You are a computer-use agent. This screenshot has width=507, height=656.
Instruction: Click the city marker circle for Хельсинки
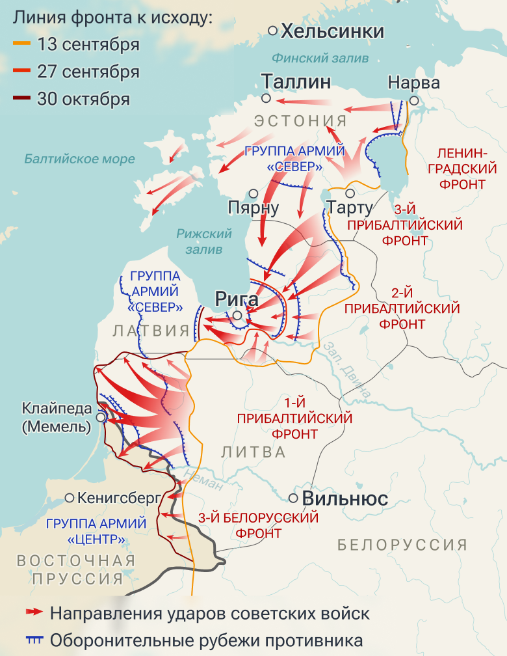273,31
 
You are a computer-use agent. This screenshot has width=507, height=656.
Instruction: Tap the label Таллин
296,81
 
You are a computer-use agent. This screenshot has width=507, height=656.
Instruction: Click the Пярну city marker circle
254,194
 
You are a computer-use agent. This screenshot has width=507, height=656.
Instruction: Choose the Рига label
237,300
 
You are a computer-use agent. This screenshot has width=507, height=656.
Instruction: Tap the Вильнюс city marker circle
294,498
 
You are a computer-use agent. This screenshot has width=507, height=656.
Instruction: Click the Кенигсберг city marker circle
70,498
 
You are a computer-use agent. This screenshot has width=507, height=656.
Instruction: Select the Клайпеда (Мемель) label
56,418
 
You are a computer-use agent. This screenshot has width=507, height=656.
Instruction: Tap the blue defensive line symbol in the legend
33,639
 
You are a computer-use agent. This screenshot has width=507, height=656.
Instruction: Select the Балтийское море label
79,159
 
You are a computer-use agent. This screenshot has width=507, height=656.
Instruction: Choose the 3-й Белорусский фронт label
259,526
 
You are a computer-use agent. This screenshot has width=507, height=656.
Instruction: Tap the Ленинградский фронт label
460,169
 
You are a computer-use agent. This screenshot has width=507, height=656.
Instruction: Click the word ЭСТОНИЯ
301,120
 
